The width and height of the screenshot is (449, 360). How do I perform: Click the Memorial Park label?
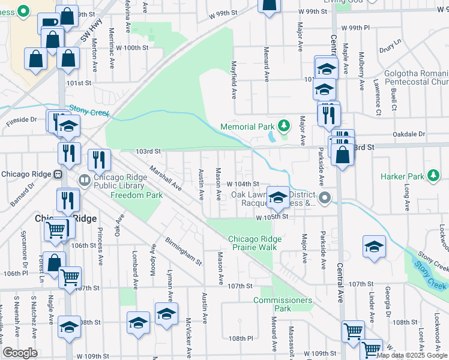pyautogui.click(x=247, y=127)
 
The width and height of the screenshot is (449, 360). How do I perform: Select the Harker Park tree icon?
pyautogui.click(x=433, y=176)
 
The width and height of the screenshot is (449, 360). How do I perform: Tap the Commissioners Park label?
pyautogui.click(x=283, y=304)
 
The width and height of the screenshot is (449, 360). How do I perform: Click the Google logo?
pyautogui.click(x=20, y=353)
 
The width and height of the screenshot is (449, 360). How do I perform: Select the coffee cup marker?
pyautogui.click(x=48, y=24)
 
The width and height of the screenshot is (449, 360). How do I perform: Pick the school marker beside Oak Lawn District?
pyautogui.click(x=277, y=196)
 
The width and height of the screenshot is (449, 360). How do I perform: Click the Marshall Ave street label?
pyautogui.click(x=166, y=178)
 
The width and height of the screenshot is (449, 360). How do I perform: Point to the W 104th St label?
pyautogui.click(x=243, y=184)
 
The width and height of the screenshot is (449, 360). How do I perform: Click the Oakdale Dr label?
pyautogui.click(x=409, y=134)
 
